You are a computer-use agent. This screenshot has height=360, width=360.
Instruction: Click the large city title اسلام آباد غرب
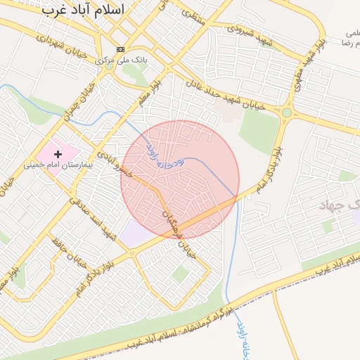tap(83, 10)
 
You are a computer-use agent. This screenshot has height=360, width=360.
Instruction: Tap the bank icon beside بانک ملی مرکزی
tap(120, 49)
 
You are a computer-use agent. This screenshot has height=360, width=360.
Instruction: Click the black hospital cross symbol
tap(58, 153)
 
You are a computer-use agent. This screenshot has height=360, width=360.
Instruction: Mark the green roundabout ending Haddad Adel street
tap(286, 112)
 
